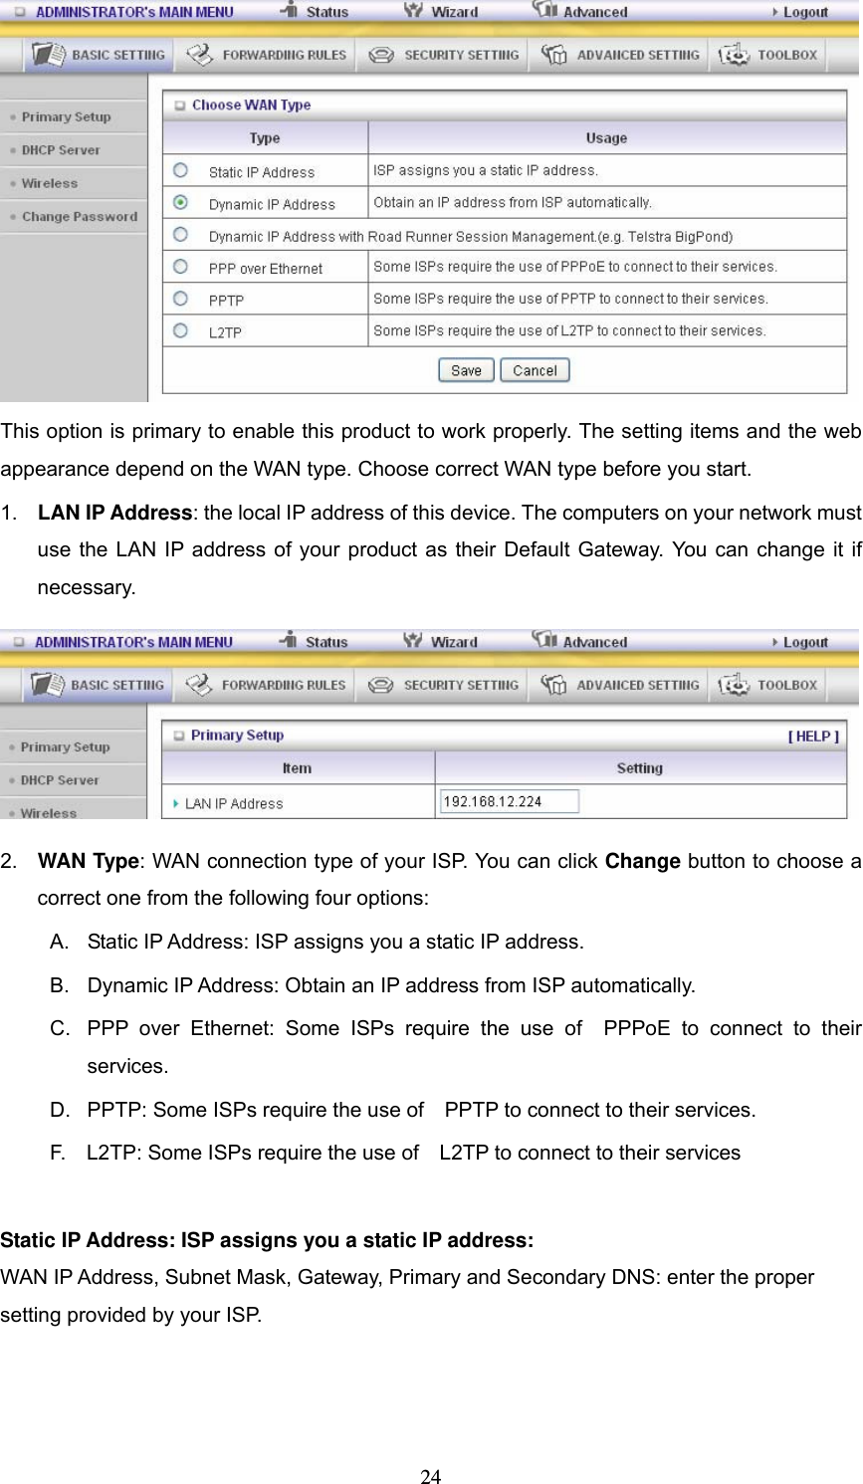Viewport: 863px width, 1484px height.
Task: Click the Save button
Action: [465, 370]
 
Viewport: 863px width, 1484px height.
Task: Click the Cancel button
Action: [535, 370]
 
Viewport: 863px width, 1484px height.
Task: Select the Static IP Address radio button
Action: [180, 170]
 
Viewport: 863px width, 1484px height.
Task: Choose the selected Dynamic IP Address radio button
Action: [180, 202]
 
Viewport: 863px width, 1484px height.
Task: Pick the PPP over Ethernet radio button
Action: [180, 267]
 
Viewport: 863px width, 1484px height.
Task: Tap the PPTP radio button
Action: [180, 299]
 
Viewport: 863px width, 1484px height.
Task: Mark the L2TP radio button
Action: [180, 330]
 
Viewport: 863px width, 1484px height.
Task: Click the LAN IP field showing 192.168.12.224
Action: [509, 801]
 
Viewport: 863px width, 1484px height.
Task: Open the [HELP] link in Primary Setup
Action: [813, 737]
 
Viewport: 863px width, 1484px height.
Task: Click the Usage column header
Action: [606, 138]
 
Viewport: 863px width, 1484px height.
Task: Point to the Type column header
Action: [265, 138]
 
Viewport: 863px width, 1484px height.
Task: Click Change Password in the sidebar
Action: [80, 217]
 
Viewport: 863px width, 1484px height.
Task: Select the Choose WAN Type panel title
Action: [251, 106]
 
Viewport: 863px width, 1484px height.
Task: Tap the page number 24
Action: [430, 1477]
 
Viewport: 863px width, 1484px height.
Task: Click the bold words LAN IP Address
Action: [114, 514]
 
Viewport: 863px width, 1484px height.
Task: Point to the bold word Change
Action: [642, 862]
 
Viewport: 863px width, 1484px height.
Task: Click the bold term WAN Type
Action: [88, 862]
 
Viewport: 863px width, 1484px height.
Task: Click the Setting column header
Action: [639, 768]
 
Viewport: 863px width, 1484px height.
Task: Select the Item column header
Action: [297, 768]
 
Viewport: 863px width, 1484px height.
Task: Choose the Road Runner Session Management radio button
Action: [180, 235]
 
